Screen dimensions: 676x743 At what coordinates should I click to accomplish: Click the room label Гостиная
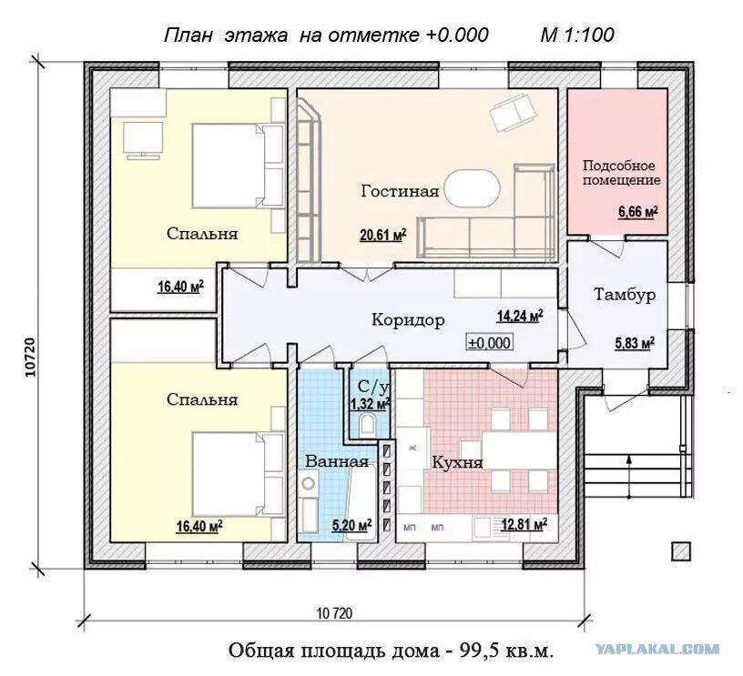pyautogui.click(x=400, y=191)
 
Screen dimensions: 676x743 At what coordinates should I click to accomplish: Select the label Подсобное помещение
pyautogui.click(x=621, y=173)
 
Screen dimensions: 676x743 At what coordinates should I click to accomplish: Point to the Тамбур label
pyautogui.click(x=625, y=295)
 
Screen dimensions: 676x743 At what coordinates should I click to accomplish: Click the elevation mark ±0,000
pyautogui.click(x=490, y=342)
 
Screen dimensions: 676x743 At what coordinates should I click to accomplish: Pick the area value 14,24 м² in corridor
pyautogui.click(x=519, y=317)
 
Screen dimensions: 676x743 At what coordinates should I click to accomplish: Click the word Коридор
pyautogui.click(x=408, y=320)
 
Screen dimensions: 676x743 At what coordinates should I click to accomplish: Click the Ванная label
pyautogui.click(x=336, y=460)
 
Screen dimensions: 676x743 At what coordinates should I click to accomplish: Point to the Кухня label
pyautogui.click(x=457, y=462)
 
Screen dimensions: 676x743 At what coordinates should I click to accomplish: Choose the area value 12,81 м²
pyautogui.click(x=523, y=524)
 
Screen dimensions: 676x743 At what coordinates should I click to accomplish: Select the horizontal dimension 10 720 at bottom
pyautogui.click(x=334, y=613)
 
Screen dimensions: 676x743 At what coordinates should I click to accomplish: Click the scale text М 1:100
pyautogui.click(x=577, y=35)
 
